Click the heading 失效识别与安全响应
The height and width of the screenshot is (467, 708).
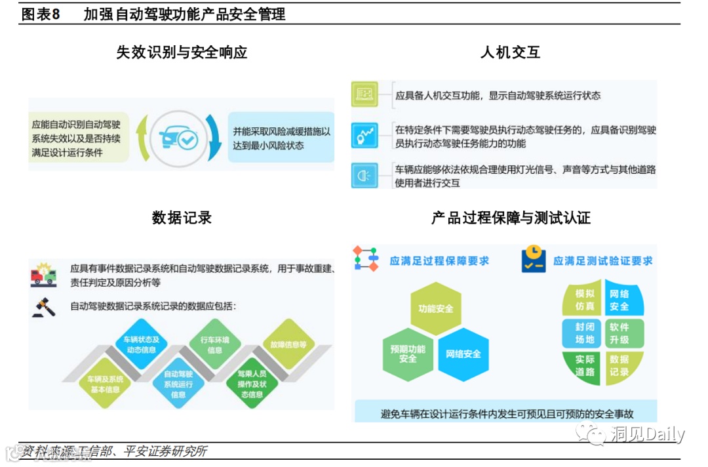pos(182,53)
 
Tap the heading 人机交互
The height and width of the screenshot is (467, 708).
pos(510,53)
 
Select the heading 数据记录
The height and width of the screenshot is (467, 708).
pos(182,218)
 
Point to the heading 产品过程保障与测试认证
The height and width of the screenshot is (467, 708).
pos(511,218)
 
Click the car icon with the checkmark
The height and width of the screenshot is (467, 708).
pos(178,138)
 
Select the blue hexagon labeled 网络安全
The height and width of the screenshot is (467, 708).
pos(463,354)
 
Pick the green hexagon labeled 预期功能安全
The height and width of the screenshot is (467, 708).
pos(408,354)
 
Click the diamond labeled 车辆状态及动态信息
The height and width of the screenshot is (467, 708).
pos(142,345)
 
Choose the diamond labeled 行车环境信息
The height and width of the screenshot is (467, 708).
pos(214,345)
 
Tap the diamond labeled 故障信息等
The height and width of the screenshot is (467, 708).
pos(288,344)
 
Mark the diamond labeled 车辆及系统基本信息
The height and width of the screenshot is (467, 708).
pos(104,384)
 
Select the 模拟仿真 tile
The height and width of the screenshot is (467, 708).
pos(585,300)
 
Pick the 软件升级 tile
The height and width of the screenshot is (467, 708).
pos(619,333)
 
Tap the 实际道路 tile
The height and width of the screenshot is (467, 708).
pos(585,366)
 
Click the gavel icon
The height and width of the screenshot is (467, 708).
pos(44,307)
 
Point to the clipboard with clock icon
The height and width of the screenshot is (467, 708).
pos(534,260)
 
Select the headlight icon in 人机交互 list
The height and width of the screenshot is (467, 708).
pos(364,176)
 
